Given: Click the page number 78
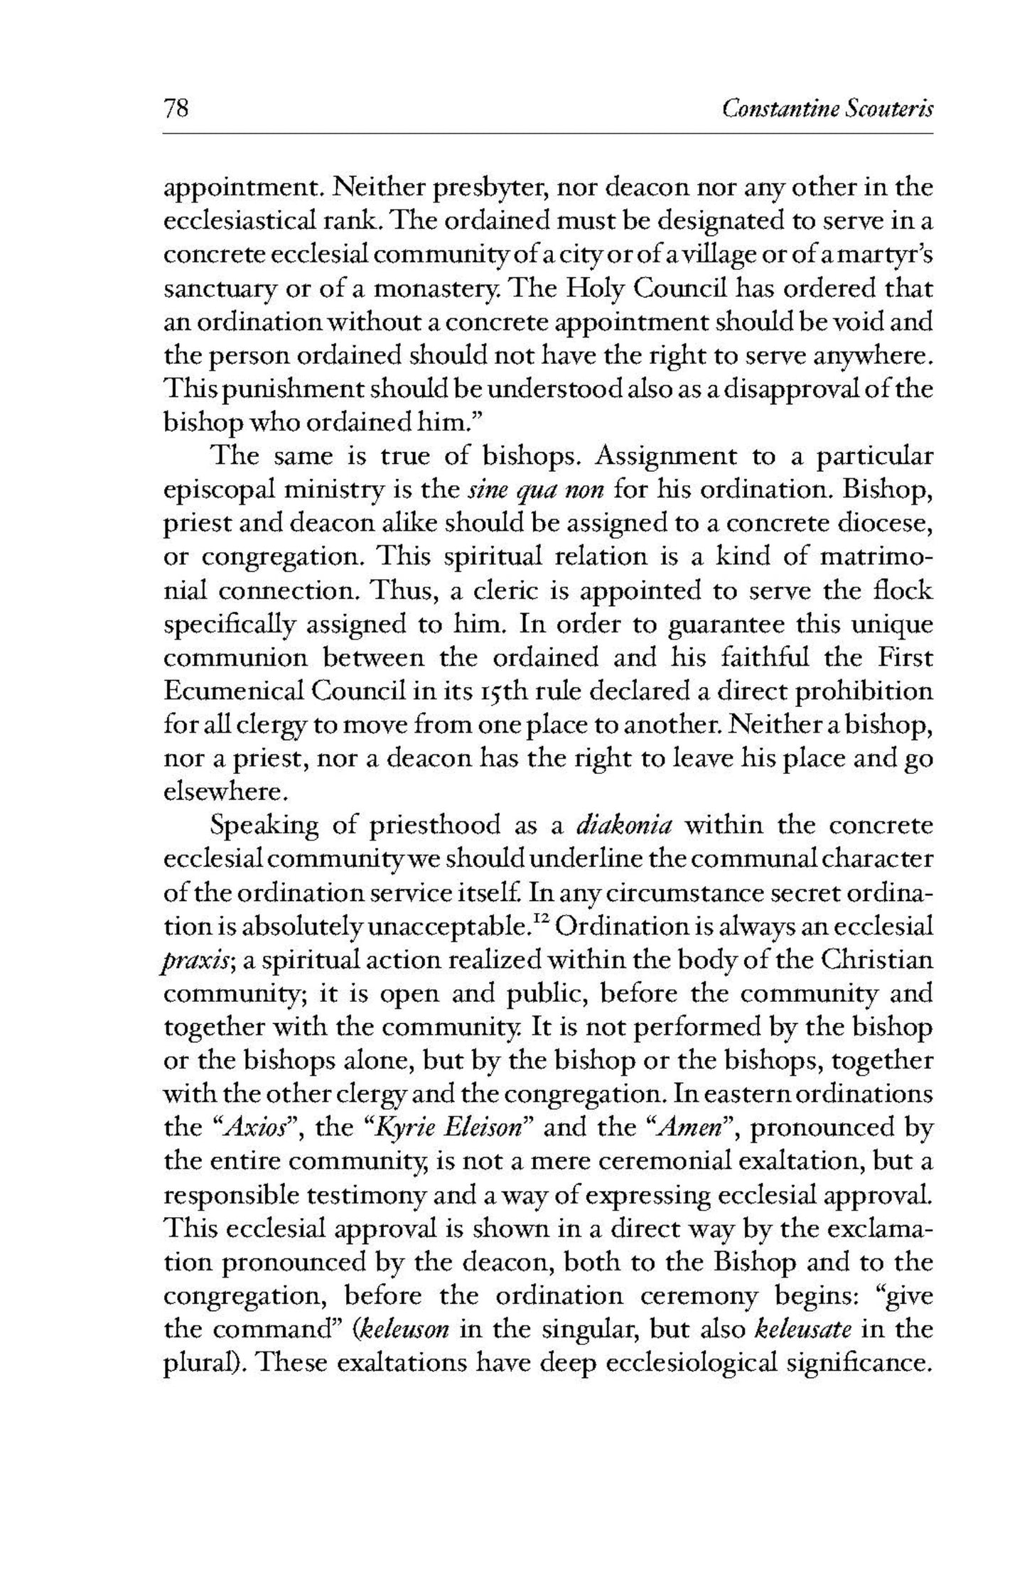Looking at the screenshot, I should [x=176, y=109].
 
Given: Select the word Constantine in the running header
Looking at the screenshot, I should [x=769, y=109].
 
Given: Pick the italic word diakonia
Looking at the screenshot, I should [x=625, y=826].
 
